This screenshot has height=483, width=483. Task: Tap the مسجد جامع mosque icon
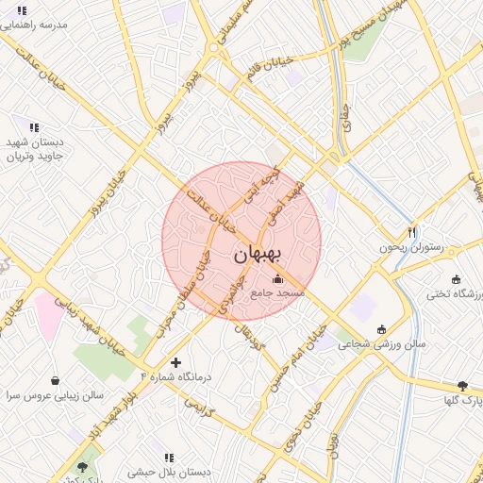tap(276, 279)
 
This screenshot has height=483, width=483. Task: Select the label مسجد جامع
tap(277, 293)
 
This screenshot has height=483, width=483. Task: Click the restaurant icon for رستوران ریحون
tap(411, 232)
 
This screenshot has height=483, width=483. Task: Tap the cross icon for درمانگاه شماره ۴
tap(175, 362)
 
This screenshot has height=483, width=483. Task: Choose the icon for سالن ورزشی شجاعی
tap(381, 329)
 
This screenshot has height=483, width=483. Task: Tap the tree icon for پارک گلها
tap(462, 385)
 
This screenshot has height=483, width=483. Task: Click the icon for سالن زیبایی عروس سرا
tap(56, 380)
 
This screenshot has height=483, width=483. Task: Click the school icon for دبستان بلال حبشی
tap(169, 458)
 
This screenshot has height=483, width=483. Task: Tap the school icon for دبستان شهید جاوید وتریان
tap(34, 127)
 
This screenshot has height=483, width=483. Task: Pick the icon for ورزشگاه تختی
tap(458, 279)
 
